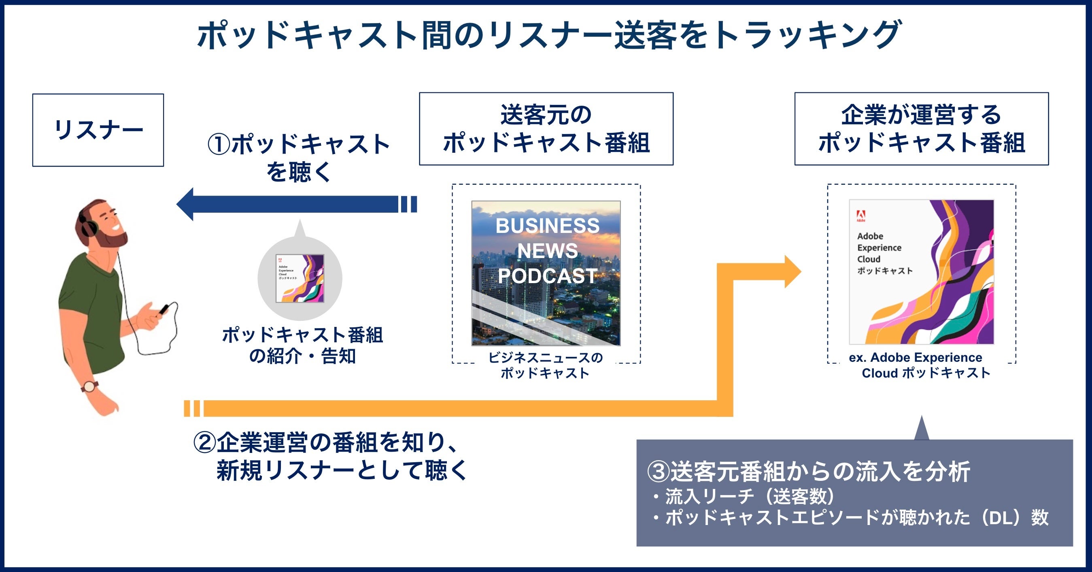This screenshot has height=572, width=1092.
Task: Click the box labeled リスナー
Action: click(98, 130)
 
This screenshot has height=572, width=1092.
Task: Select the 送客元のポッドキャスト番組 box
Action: click(546, 128)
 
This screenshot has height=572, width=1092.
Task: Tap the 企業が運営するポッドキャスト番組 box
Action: click(921, 128)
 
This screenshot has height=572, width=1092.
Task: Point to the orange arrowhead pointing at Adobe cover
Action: click(792, 271)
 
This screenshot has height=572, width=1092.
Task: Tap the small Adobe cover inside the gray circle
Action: click(300, 278)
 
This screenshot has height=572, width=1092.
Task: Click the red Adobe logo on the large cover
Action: click(861, 216)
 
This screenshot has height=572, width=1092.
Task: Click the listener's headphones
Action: click(87, 225)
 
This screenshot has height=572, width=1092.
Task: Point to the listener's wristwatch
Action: click(90, 386)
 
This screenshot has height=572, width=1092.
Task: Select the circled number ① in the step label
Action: click(219, 144)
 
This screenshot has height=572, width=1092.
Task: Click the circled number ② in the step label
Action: click(205, 442)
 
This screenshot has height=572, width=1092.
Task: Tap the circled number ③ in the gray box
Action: click(659, 472)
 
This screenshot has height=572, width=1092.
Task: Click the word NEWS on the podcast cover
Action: click(547, 251)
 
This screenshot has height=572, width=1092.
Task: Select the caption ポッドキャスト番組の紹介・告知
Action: click(302, 346)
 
